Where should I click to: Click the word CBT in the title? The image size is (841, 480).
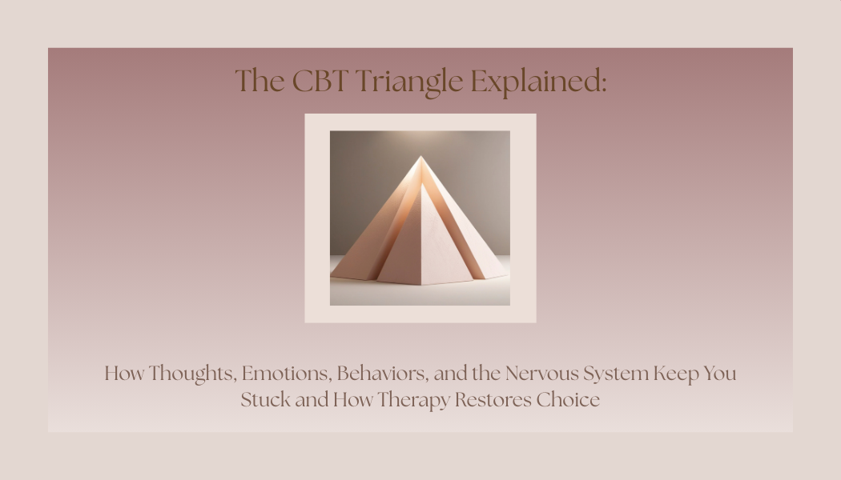point(320,81)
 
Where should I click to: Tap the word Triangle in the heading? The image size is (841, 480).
point(408,82)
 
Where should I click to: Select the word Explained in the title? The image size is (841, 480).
point(535,82)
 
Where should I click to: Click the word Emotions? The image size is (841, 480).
point(286,374)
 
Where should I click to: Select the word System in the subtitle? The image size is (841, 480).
point(615,374)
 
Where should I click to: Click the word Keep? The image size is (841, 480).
point(676,374)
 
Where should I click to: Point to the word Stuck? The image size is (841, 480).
point(265,399)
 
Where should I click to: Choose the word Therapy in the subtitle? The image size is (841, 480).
point(412,400)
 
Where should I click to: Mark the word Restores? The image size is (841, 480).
point(493,399)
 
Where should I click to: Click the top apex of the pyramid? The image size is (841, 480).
point(420,157)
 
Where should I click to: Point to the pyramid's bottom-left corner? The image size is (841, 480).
point(332,276)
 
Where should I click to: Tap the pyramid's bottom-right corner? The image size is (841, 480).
point(507,278)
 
